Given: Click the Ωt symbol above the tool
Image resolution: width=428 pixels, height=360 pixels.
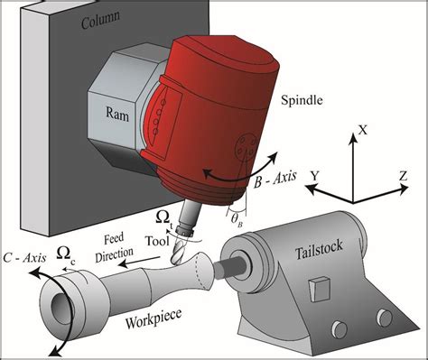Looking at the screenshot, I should [164, 217].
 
